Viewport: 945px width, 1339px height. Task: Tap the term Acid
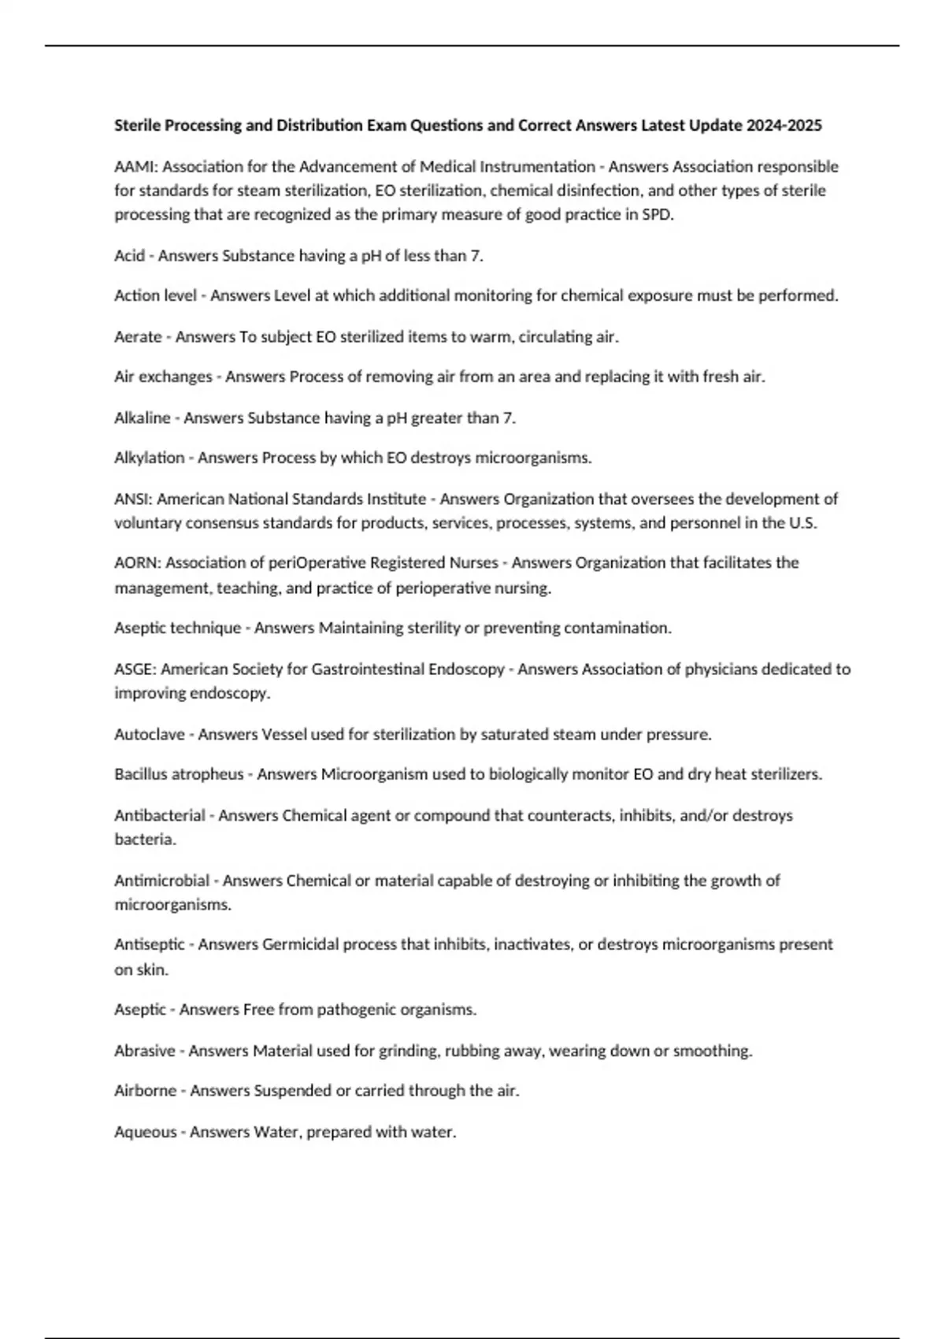point(129,256)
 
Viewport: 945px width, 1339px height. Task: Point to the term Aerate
point(138,337)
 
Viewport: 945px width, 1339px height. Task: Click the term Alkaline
point(142,418)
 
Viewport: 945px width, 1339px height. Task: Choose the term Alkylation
point(149,458)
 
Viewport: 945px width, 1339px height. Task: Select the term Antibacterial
point(160,816)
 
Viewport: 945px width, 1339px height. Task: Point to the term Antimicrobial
point(161,881)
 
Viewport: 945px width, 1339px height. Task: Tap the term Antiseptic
point(150,944)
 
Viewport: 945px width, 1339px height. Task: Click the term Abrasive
point(144,1051)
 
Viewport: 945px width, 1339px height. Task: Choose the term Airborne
point(145,1091)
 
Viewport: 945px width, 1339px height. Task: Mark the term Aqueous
point(145,1133)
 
